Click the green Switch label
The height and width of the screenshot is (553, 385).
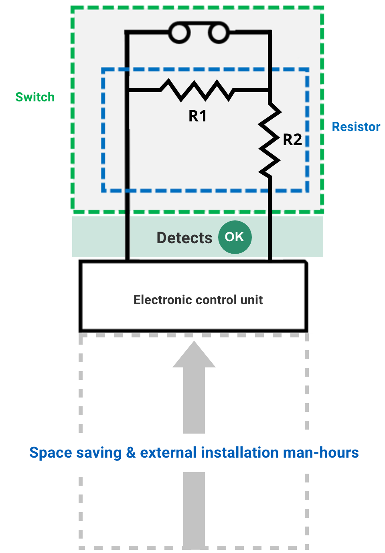[35, 97]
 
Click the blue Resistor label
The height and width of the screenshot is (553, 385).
[356, 127]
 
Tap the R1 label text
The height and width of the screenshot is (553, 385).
[197, 116]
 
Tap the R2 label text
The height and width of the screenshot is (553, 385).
[292, 140]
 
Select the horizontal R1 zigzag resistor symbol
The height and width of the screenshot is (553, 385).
[197, 90]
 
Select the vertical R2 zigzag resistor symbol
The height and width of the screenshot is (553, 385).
[269, 140]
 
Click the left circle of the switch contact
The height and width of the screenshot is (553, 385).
[179, 33]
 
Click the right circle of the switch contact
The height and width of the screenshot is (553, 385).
[219, 33]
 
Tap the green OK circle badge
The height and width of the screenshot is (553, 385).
[235, 237]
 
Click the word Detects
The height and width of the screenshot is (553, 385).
[184, 238]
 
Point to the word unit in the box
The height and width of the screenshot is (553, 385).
[251, 300]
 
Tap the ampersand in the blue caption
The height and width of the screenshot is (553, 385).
[131, 453]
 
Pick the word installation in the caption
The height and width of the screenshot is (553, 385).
[239, 453]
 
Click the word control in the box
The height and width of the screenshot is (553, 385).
[216, 300]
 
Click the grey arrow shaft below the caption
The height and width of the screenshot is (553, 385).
[194, 509]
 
